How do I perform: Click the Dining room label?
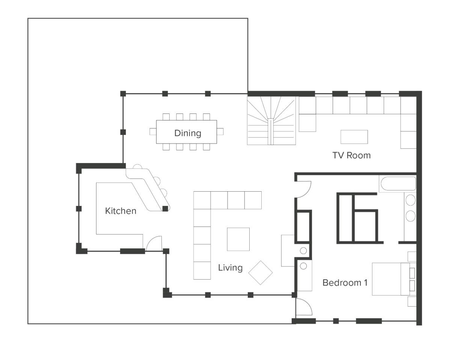click(x=188, y=133)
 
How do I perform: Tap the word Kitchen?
click(x=121, y=211)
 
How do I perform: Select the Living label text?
click(x=230, y=268)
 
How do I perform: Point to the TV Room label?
click(x=351, y=155)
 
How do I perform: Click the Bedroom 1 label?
click(x=345, y=283)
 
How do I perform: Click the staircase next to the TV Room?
click(x=271, y=121)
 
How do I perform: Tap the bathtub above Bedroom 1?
click(x=398, y=183)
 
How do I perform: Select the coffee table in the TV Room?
click(x=354, y=137)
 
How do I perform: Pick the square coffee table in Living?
click(x=238, y=239)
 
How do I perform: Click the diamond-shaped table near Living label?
click(x=261, y=273)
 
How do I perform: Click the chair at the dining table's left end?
click(x=153, y=132)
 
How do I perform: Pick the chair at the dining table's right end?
click(x=220, y=132)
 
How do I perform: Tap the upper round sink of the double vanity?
click(x=410, y=200)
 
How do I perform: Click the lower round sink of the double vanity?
click(x=410, y=216)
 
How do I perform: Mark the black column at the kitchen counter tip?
click(x=165, y=209)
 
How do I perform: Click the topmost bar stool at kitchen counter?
click(x=137, y=166)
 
